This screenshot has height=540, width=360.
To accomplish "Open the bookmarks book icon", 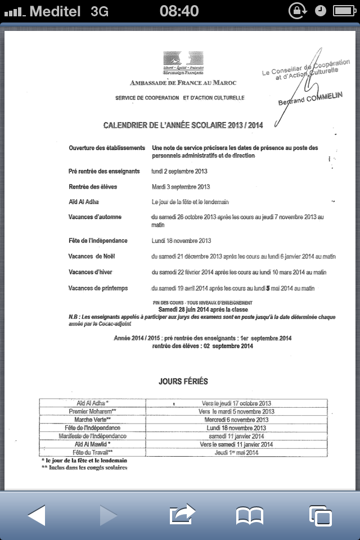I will click(x=249, y=515).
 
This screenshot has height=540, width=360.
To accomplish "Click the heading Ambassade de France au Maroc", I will click(x=183, y=83).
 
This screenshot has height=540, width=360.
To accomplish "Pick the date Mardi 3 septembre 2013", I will click(x=181, y=187).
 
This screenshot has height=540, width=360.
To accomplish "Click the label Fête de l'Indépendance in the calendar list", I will click(x=98, y=241).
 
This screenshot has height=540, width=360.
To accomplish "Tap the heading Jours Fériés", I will click(x=183, y=381).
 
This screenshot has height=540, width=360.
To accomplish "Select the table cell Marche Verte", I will click(x=93, y=420).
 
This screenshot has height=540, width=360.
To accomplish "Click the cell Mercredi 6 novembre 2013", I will click(x=236, y=420).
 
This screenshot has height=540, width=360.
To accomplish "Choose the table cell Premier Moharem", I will click(x=93, y=411).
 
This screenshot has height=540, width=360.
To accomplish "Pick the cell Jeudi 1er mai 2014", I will click(x=236, y=452).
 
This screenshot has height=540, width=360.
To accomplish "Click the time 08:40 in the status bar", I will click(x=179, y=11).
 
